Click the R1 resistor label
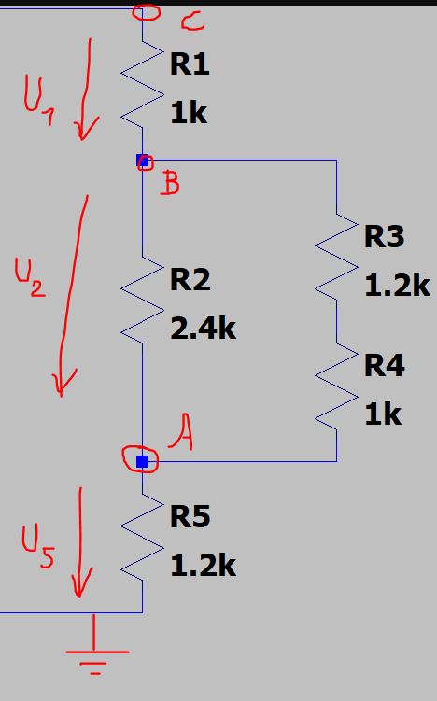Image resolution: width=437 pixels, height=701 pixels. click(x=190, y=63)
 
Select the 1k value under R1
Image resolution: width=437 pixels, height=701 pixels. click(x=189, y=112)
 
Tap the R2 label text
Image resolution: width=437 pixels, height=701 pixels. click(x=190, y=280)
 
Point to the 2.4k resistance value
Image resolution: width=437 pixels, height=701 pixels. click(x=203, y=329)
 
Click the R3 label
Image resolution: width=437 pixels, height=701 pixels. click(x=384, y=236)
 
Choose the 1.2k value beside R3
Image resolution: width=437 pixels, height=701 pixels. click(x=397, y=285)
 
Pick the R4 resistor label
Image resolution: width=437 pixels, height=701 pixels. click(x=384, y=366)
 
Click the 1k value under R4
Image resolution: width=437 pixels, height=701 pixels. click(x=383, y=414)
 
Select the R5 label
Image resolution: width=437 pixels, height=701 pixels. click(x=190, y=516)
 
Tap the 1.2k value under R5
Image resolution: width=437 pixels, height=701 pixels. click(x=203, y=565)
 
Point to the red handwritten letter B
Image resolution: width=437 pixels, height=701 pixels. click(x=170, y=183)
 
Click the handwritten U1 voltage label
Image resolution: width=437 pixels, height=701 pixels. click(x=38, y=102)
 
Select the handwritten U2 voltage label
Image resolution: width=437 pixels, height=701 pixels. click(x=30, y=277)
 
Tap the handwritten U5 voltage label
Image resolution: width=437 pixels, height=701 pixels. click(x=38, y=546)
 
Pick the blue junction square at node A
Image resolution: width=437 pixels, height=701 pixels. click(x=142, y=461)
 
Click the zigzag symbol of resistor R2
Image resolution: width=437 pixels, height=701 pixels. click(x=142, y=301)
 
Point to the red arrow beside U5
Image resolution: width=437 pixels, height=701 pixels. click(x=80, y=541)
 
